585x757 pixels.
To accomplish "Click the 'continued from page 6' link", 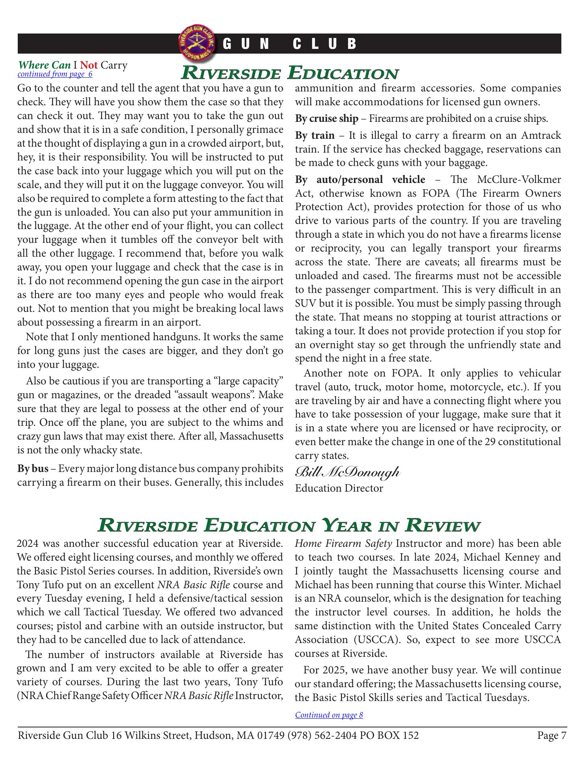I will click(x=55, y=74).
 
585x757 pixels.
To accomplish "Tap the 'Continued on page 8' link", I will click(x=329, y=715).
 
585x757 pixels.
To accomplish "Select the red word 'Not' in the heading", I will click(x=89, y=65).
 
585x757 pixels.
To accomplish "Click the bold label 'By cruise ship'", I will click(x=327, y=119).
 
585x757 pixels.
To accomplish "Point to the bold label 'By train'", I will click(x=315, y=136).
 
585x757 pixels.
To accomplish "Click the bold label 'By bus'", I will click(x=33, y=469).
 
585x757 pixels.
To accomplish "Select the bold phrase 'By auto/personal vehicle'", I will click(x=360, y=180).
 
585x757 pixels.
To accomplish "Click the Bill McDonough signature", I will click(x=347, y=472).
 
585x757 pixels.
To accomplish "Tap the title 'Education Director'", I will click(x=339, y=488).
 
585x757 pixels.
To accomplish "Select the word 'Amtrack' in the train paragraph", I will click(x=541, y=136).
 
